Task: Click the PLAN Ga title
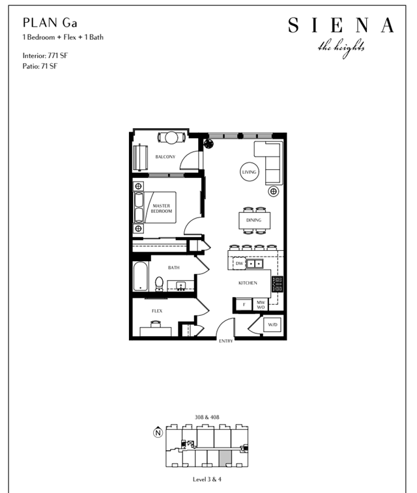(x=50, y=23)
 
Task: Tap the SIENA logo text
(x=341, y=25)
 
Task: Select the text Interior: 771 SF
(x=45, y=55)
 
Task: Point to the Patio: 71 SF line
(x=40, y=66)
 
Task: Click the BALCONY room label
(x=165, y=156)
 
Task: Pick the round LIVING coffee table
(x=250, y=172)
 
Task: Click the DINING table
(x=254, y=220)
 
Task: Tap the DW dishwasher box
(x=239, y=264)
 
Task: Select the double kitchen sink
(x=255, y=264)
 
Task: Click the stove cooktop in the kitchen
(x=278, y=284)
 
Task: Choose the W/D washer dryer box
(x=272, y=324)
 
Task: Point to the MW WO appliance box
(x=261, y=304)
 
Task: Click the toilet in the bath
(x=159, y=284)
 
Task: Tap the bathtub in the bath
(x=141, y=276)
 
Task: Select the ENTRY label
(x=226, y=341)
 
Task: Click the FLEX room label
(x=157, y=311)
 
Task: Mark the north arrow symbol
(x=158, y=432)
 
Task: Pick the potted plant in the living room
(x=208, y=144)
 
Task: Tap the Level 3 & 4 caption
(x=207, y=479)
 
